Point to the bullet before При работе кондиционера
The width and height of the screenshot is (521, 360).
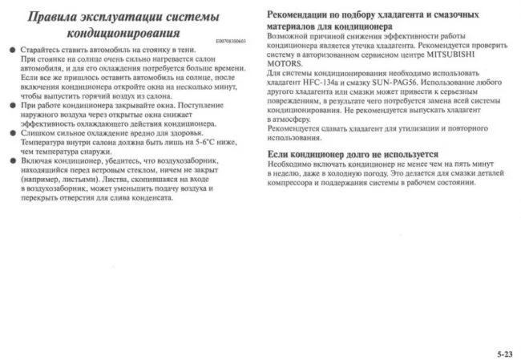[13, 105]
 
